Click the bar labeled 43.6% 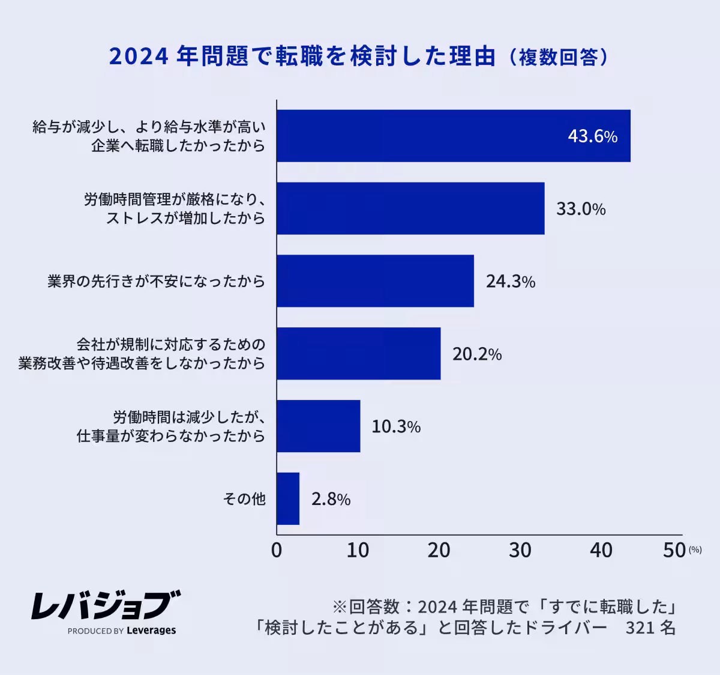tap(453, 136)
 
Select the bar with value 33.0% tap(410, 208)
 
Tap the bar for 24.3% tap(375, 281)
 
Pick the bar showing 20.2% tap(358, 354)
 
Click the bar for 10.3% tap(318, 426)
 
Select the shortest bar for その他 tap(288, 498)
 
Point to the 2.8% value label tap(331, 499)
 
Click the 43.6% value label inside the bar tap(592, 136)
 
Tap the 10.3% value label tap(396, 426)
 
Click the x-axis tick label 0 tap(277, 550)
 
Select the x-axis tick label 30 tap(520, 550)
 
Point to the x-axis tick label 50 tap(674, 550)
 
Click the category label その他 tap(244, 499)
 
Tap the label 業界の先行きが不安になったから tap(156, 281)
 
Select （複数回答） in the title tap(558, 57)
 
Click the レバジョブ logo tap(106, 605)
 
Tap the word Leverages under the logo tap(151, 631)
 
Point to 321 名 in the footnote tap(650, 628)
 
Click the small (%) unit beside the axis tap(695, 549)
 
